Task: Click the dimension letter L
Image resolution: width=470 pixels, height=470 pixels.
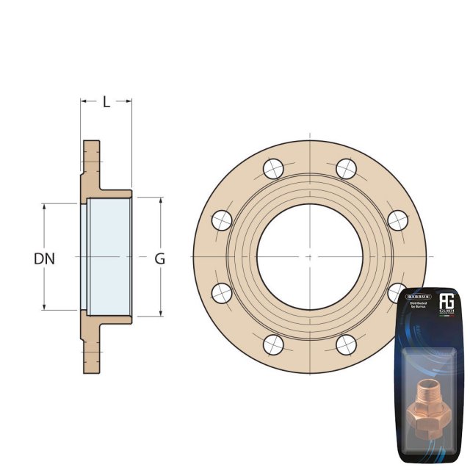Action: (106, 102)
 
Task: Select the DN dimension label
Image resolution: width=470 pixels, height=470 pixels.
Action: (45, 258)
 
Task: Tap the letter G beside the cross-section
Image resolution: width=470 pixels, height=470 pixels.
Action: (159, 258)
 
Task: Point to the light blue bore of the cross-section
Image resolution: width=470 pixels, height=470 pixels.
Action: (109, 256)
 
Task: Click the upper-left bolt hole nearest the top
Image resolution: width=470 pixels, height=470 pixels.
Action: (273, 169)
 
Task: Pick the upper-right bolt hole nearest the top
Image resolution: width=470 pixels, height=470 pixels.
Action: (346, 169)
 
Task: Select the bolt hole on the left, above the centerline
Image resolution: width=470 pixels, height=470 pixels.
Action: (222, 220)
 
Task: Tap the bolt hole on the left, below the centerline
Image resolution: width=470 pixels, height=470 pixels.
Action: (222, 293)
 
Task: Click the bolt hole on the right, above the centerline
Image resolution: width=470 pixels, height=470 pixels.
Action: (397, 220)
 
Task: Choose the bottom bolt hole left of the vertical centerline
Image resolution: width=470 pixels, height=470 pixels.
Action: (273, 344)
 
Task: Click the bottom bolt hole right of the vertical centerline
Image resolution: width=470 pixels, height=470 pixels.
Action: (346, 344)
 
